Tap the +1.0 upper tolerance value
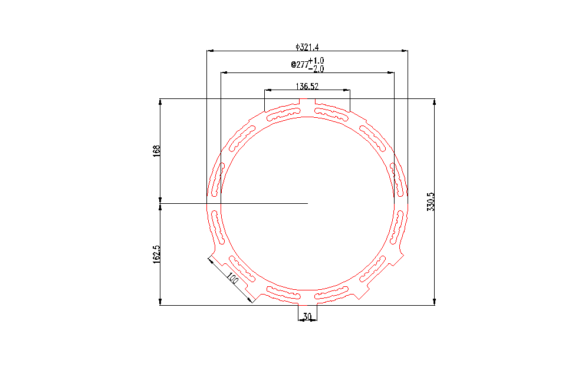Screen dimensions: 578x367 pyautogui.click(x=316, y=60)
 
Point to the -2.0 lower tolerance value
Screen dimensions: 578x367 pyautogui.click(x=316, y=69)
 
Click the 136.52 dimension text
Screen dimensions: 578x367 pyautogui.click(x=307, y=86)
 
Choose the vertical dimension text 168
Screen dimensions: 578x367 pyautogui.click(x=157, y=151)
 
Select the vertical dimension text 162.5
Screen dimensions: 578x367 pyautogui.click(x=157, y=254)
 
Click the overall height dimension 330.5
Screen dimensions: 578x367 pyautogui.click(x=431, y=201)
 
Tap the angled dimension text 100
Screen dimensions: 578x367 pyautogui.click(x=232, y=278)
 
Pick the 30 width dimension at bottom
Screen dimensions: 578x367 pyautogui.click(x=307, y=316)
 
